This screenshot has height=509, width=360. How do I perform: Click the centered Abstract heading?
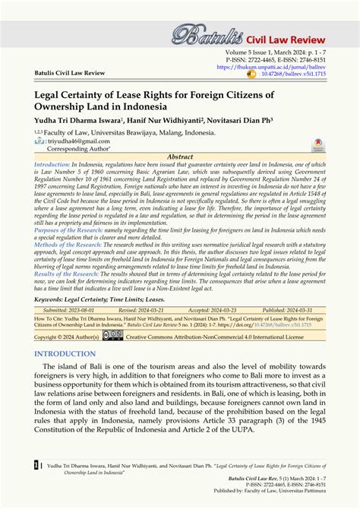click(x=179, y=156)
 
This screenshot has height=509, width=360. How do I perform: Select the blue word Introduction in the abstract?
click(x=51, y=164)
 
